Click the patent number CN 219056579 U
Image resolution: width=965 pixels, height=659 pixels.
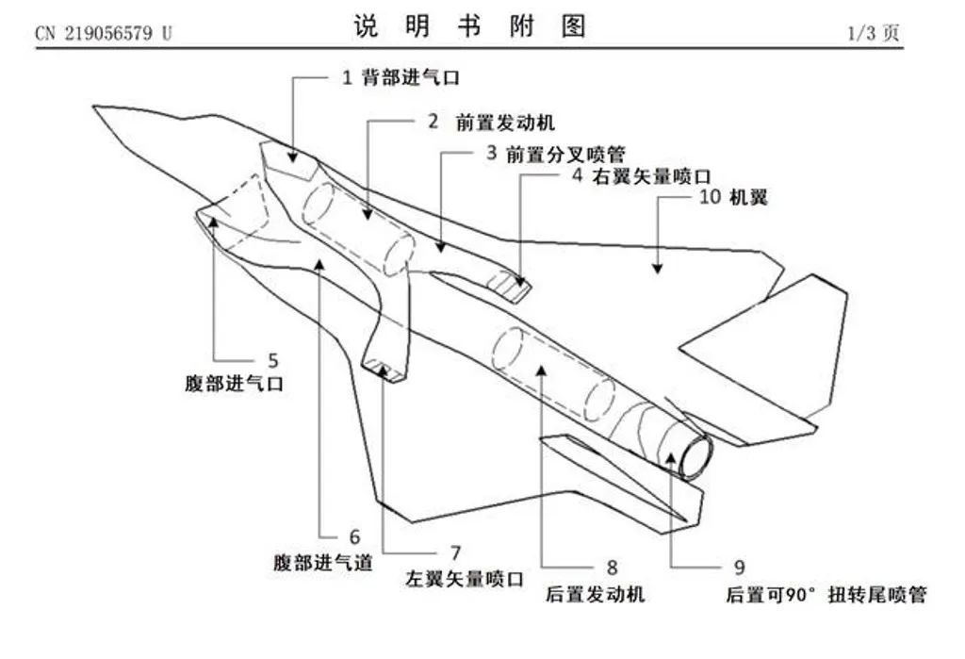tap(104, 33)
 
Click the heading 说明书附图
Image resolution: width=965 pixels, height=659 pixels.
tap(469, 27)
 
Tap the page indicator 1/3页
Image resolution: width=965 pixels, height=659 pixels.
tap(875, 33)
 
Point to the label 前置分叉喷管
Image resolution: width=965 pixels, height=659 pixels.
tap(565, 154)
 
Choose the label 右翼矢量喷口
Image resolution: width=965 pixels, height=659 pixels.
tap(650, 176)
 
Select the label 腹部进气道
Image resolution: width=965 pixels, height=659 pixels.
tap(323, 562)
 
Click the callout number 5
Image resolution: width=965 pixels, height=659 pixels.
tap(273, 360)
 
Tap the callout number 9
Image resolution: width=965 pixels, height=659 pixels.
tap(739, 568)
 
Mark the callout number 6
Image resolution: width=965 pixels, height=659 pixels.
tap(354, 537)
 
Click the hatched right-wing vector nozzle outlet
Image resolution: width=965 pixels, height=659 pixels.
tap(515, 286)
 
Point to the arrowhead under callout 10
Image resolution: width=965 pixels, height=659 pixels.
tap(657, 269)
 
